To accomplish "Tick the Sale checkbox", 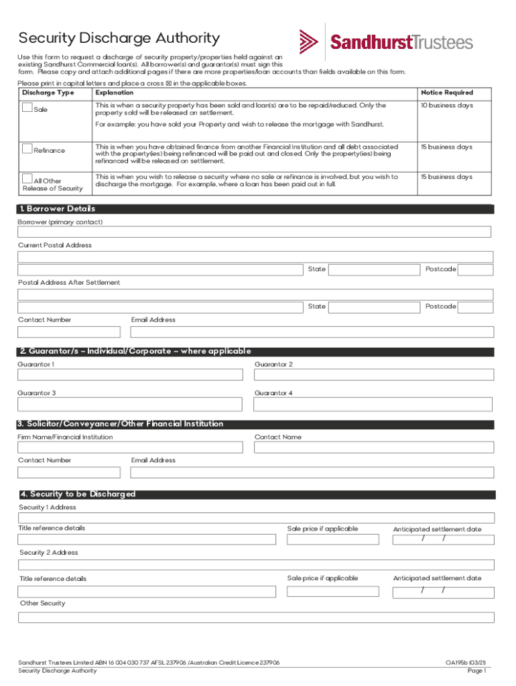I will pos(27,107).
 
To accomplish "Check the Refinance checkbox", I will pos(27,148).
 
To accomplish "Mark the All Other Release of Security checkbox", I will pos(27,178).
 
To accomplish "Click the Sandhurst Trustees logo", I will pos(386,42).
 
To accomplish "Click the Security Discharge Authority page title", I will pos(119,38).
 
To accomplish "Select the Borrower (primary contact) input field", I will pos(254,232).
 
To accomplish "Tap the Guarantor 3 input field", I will pos(130,405).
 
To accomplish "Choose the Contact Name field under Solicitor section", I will pos(373,448).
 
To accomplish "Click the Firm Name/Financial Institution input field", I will pos(130,448).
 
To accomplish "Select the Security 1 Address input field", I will pos(256,518).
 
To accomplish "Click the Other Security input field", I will pos(256,617).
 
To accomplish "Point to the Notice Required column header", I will pos(447,92).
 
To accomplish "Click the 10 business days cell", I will pos(446,106).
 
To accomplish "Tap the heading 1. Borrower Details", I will pos(58,209).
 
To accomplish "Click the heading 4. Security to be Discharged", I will pos(78,494).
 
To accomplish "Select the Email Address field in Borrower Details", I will pos(312,332).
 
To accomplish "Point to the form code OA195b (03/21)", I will pos(466,663).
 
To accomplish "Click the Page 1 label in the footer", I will pos(476,671).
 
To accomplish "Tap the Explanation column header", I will pos(115,92).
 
